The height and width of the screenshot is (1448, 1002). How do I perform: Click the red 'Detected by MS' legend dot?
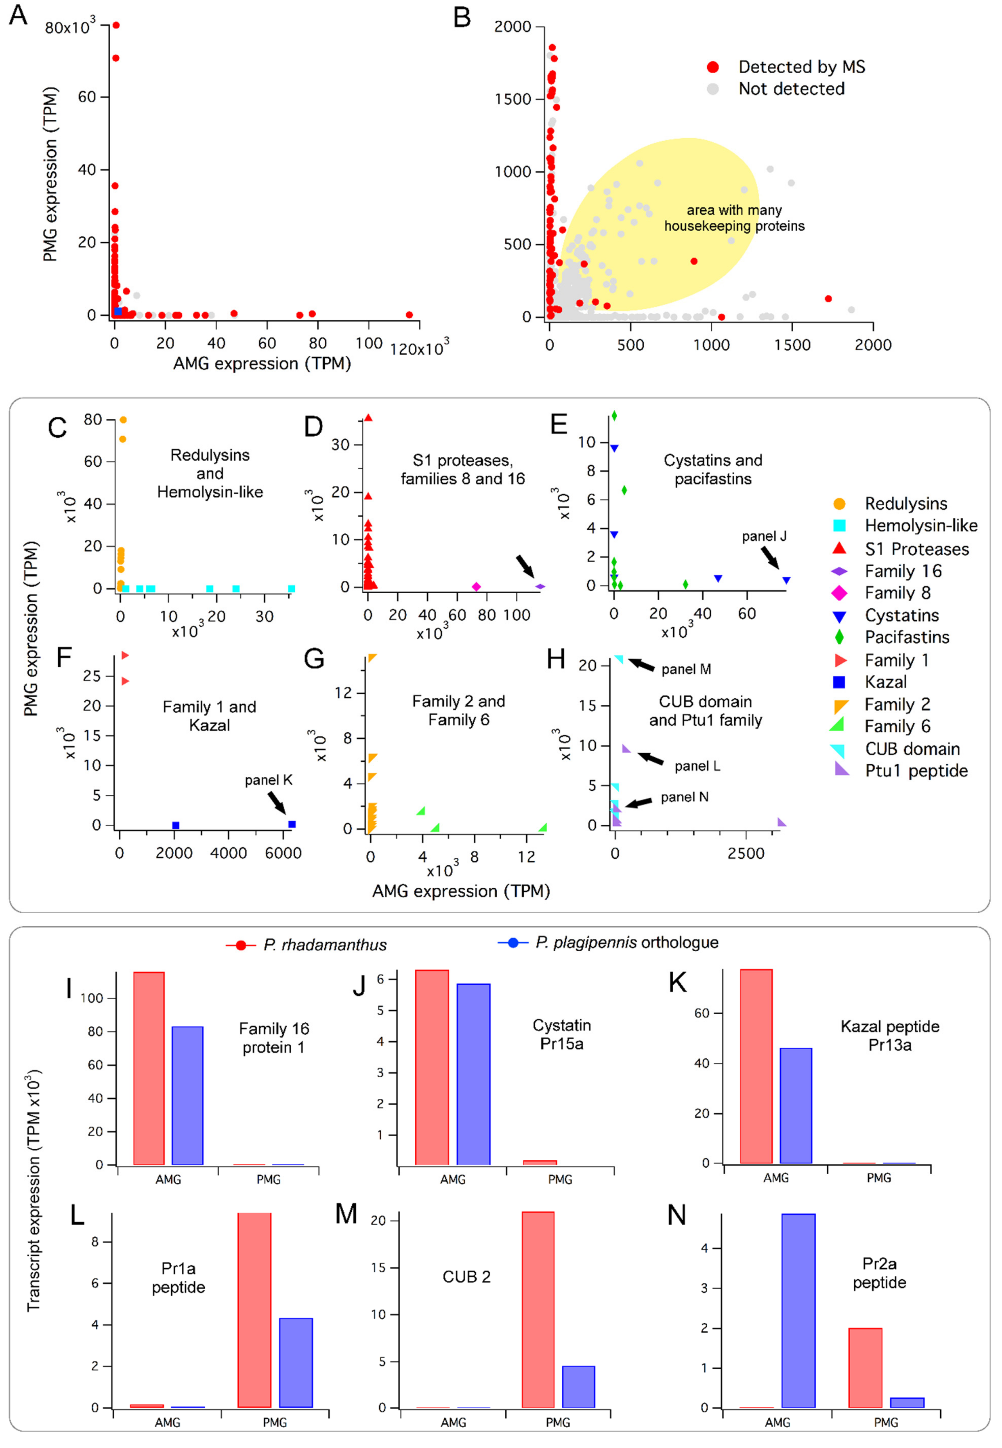713,67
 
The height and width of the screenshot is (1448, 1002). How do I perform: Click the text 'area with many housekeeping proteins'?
734,218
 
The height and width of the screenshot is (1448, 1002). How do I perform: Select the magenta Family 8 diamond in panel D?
476,587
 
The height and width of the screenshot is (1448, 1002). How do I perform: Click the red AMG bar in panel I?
149,1068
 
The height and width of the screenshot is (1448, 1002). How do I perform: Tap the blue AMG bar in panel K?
795,1105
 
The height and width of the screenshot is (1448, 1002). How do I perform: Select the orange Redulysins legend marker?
839,503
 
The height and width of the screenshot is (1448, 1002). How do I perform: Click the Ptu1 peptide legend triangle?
841,770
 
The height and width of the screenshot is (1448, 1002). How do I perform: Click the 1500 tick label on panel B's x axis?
792,345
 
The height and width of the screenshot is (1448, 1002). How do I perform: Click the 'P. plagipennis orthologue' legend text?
627,943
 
